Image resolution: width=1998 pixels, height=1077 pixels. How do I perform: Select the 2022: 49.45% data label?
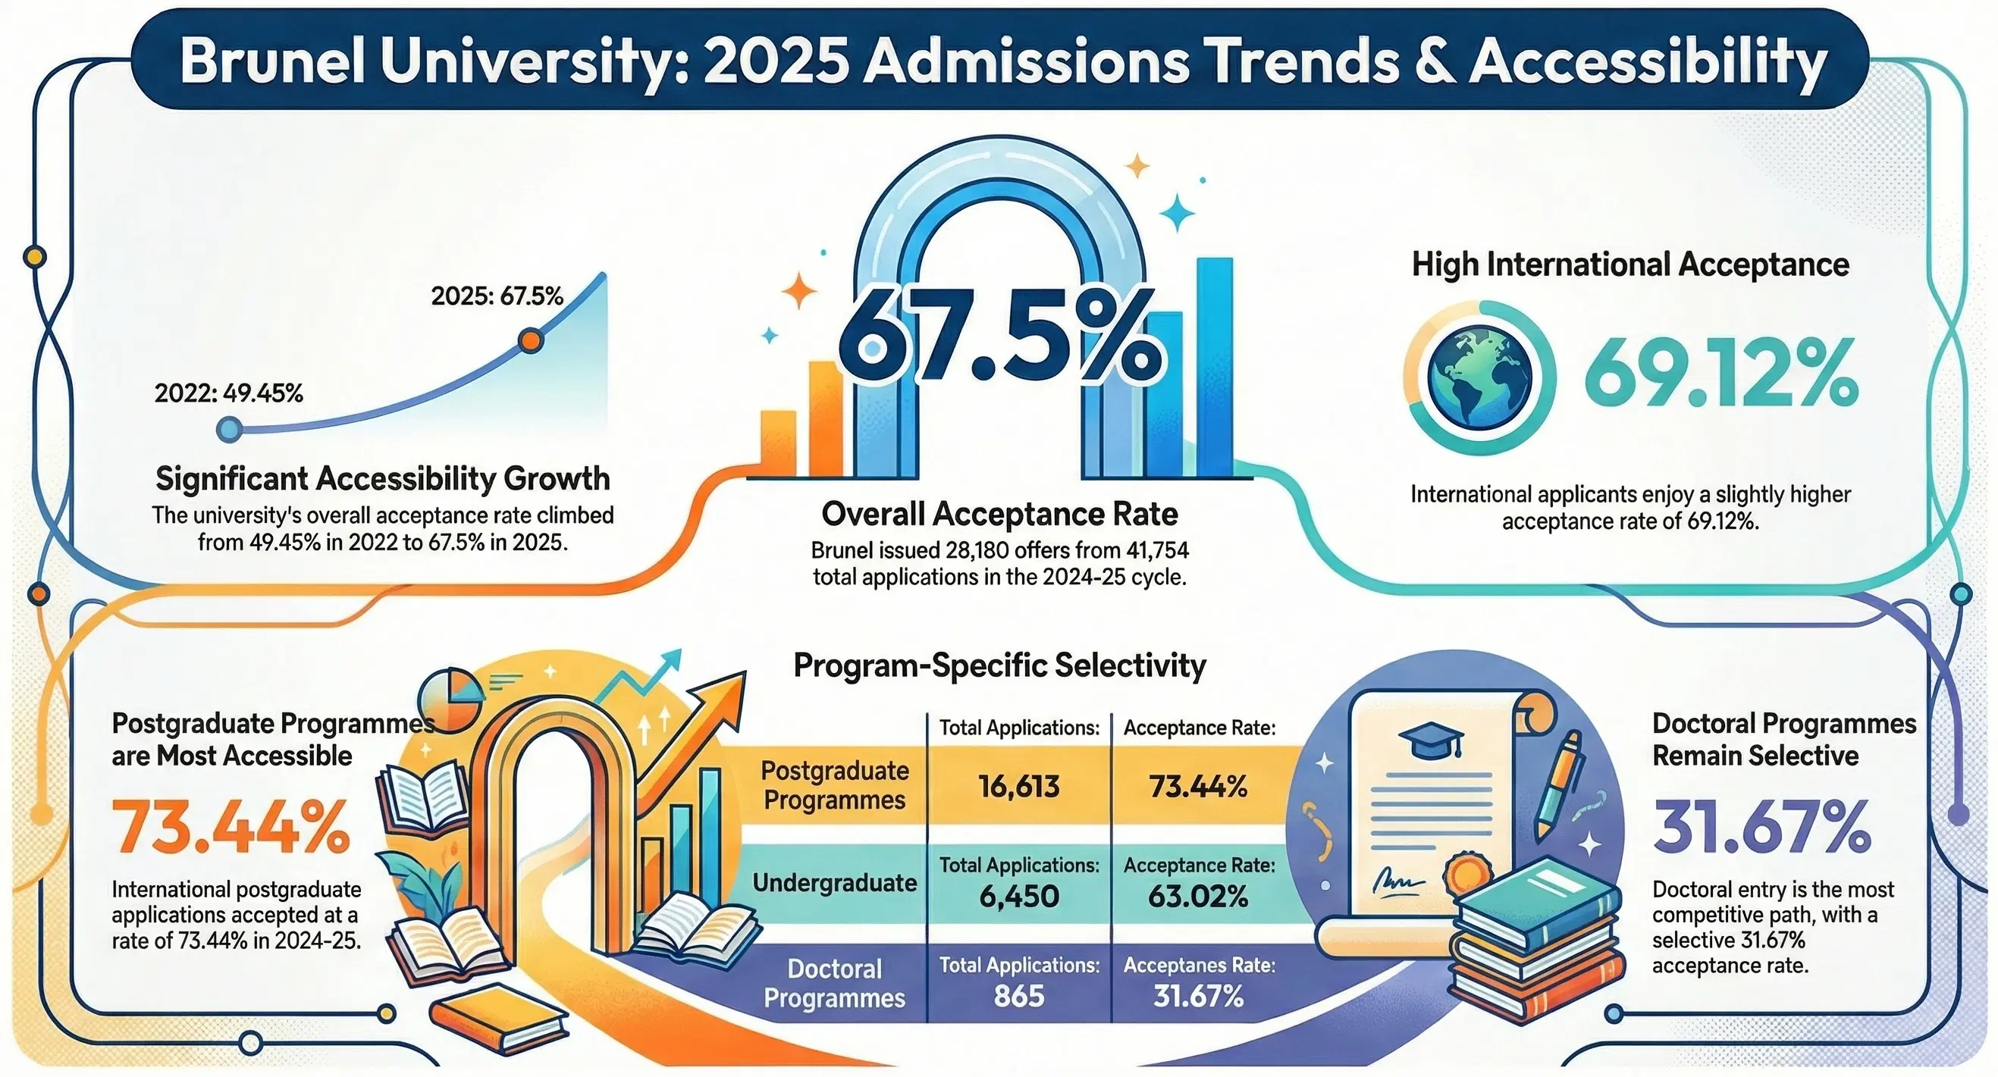click(229, 394)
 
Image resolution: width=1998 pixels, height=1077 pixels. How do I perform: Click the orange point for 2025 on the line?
click(531, 340)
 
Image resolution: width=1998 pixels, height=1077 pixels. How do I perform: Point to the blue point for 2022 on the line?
click(230, 429)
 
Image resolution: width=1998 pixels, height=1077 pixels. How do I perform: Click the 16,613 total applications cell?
click(1019, 787)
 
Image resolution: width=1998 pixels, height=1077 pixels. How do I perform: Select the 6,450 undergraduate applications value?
click(1019, 897)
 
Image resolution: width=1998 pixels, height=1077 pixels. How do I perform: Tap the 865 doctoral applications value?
click(1019, 996)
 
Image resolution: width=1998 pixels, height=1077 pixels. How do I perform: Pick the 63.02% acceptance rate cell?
click(1198, 897)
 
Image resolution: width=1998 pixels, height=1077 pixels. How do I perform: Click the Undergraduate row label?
click(835, 883)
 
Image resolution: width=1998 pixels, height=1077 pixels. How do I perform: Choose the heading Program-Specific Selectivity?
click(1000, 665)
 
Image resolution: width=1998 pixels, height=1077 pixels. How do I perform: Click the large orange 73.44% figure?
click(231, 827)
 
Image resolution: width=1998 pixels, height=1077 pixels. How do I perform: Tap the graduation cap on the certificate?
click(1432, 741)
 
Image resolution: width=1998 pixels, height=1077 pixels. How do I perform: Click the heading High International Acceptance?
click(1630, 265)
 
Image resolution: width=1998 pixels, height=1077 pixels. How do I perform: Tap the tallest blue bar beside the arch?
click(1214, 365)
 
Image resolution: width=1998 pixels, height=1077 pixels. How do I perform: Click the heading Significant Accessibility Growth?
click(383, 478)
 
